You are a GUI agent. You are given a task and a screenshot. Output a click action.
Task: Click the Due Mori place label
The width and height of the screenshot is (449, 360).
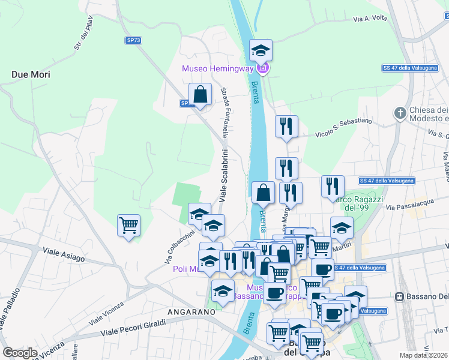30,75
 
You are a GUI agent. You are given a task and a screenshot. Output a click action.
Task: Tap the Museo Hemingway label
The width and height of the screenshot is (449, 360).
218,68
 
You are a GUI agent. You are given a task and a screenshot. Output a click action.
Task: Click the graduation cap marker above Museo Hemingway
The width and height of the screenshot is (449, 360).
261,50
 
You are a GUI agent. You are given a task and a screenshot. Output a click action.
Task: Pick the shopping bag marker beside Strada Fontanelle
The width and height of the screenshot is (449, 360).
200,94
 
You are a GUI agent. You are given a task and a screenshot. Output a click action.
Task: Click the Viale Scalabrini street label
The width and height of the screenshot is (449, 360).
223,175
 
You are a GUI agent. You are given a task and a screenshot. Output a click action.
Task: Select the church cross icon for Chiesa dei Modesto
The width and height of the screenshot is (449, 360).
400,113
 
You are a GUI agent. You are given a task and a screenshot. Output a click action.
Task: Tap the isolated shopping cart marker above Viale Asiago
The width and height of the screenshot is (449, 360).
128,226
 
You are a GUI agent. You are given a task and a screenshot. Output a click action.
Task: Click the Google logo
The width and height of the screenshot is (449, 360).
20,353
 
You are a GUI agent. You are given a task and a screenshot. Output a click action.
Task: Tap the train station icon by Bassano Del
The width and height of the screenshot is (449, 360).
398,297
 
